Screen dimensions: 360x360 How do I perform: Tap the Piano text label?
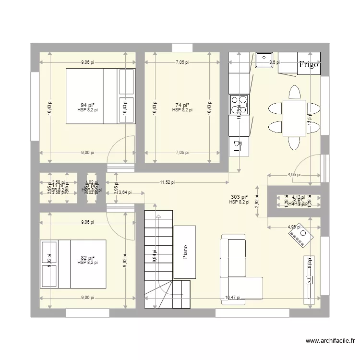(185, 252)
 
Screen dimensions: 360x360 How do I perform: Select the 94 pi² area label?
(87, 105)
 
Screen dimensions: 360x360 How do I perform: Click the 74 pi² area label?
(182, 105)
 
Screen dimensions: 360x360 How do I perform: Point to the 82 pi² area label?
(87, 258)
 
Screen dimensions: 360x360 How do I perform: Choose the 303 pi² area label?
(239, 197)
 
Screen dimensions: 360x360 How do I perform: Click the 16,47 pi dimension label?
(232, 298)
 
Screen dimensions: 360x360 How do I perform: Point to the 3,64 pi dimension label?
(124, 192)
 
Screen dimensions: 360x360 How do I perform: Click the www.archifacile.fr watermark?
(330, 341)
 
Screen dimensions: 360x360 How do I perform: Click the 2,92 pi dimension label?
(257, 202)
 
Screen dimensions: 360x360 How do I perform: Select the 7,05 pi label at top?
(182, 62)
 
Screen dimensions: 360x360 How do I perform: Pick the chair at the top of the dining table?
(294, 91)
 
